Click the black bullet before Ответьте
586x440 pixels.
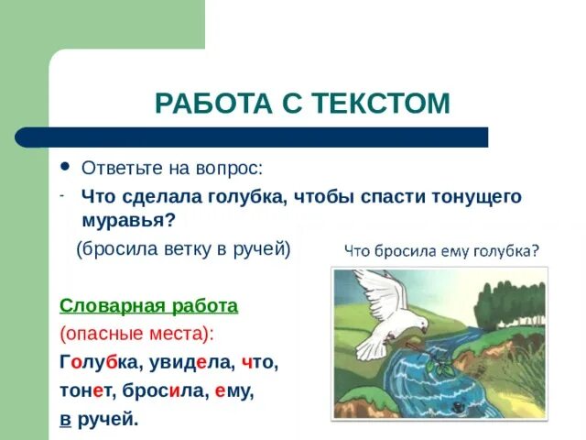pos(64,167)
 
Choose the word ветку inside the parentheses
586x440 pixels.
pos(190,249)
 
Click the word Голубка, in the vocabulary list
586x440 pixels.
pos(101,362)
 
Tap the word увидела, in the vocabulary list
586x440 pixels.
pos(192,362)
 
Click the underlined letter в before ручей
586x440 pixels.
pos(65,419)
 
